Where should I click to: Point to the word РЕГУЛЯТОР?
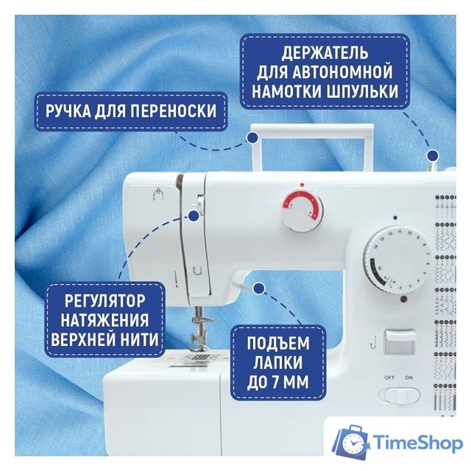click(104, 301)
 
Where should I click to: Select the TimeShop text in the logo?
click(417, 445)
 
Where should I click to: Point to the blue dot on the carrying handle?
click(252, 137)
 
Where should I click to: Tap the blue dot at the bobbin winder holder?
click(433, 155)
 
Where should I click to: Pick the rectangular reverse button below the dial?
click(400, 340)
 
